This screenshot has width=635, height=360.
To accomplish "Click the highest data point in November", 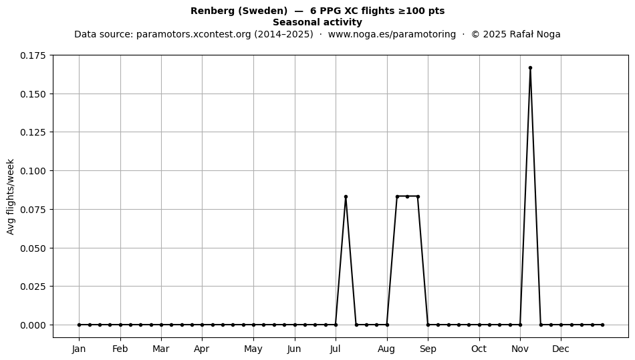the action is tap(530, 68).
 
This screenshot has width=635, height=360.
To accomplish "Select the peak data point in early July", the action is tap(346, 196).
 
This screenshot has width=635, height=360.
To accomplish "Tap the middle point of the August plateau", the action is tap(408, 196).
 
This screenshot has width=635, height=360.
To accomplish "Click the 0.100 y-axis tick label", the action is tap(34, 171).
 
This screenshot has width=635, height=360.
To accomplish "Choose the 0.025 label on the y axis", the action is tap(34, 287).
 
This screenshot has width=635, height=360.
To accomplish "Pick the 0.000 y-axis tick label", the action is tap(34, 325).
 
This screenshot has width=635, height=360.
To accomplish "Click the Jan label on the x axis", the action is tap(79, 349).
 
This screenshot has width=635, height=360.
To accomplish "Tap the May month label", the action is tap(253, 349).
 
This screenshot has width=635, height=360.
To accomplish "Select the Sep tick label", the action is tap(428, 349).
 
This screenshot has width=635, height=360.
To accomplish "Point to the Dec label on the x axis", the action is tap(561, 349).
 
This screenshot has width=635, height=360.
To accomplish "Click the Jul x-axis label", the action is tap(336, 349).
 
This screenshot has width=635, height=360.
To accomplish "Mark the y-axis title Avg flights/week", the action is tap(11, 196).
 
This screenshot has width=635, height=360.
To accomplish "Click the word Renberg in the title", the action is tap(213, 11).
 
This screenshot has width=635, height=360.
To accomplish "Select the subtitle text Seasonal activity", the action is tap(317, 22).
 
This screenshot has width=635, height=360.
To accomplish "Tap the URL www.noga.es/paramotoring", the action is tap(392, 34).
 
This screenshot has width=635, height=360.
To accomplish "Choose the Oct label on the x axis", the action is tap(479, 349).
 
